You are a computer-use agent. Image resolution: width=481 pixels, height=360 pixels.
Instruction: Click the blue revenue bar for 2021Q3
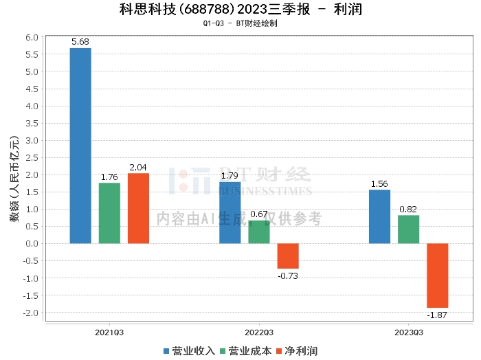click(80, 146)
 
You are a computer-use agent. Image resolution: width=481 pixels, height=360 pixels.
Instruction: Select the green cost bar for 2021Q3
click(109, 213)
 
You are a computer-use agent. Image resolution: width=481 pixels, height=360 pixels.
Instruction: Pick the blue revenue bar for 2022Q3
click(230, 212)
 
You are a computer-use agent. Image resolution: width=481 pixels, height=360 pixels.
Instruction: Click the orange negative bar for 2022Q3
click(288, 256)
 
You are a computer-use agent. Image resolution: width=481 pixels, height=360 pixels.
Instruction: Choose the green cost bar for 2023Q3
click(408, 229)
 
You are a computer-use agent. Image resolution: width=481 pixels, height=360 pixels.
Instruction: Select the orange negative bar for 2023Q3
click(437, 275)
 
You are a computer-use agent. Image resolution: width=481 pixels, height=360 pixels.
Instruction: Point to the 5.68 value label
click(80, 42)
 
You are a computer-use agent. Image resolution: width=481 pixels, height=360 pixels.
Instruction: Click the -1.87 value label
click(436, 315)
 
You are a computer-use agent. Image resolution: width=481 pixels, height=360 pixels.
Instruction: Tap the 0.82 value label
click(408, 210)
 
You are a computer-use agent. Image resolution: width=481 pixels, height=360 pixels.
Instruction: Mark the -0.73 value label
click(287, 275)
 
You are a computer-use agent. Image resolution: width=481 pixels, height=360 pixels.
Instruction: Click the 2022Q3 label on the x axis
click(259, 332)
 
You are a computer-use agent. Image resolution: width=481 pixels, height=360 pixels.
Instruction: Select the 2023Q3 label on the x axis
click(408, 332)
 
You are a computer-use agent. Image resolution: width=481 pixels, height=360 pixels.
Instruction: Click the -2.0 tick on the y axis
click(32, 313)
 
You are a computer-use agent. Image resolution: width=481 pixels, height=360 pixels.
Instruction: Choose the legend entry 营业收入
click(189, 351)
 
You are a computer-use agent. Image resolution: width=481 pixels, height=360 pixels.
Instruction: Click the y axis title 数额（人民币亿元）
click(14, 175)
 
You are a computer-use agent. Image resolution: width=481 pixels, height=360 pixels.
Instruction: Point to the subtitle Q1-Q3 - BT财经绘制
click(240, 24)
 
